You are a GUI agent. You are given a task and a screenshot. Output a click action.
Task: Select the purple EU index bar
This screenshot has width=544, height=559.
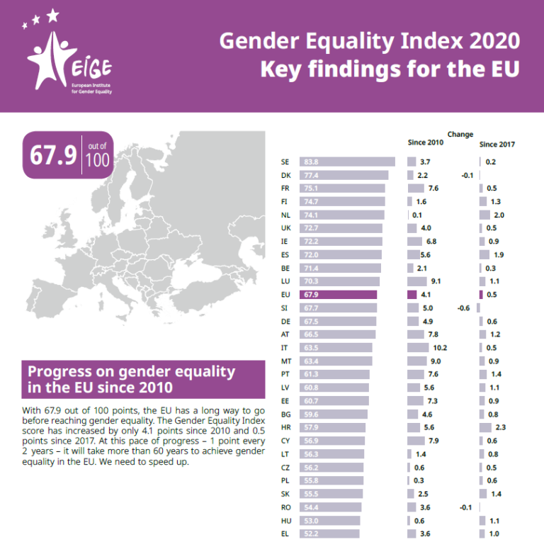(x=338, y=294)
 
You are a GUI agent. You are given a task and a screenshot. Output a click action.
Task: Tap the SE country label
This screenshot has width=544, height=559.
(x=285, y=162)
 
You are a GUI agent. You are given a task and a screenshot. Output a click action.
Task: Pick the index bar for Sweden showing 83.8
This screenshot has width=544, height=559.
(x=347, y=162)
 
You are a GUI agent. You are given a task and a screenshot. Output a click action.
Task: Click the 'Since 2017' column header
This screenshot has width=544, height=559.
(x=497, y=145)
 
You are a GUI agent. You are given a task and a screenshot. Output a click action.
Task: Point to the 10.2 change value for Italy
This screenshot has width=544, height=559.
(x=440, y=348)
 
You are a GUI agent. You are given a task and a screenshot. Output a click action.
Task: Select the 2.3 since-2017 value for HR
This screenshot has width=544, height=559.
(x=501, y=427)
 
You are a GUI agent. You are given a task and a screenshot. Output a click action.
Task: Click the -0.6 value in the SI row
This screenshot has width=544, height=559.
(x=463, y=307)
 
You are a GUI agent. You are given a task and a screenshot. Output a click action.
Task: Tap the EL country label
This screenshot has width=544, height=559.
(x=285, y=533)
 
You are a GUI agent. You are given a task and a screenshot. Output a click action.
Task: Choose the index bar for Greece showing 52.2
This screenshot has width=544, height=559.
(x=329, y=533)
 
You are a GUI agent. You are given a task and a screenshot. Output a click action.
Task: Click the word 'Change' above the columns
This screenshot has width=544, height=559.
(x=460, y=134)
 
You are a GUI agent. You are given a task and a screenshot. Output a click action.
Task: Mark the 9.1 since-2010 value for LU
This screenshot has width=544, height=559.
(x=436, y=281)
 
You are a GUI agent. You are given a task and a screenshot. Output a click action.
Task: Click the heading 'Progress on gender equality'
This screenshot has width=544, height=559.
(x=130, y=371)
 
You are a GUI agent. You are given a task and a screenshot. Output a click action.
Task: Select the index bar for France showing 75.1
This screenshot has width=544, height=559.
(x=342, y=188)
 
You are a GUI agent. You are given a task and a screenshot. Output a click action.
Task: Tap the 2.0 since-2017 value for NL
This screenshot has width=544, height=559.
(x=499, y=215)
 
